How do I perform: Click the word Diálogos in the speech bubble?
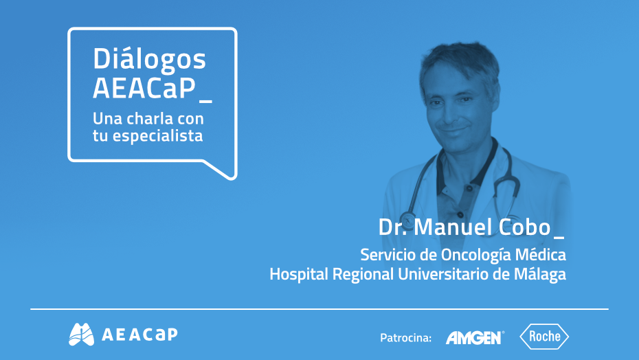point(149,60)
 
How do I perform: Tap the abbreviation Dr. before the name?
point(392,227)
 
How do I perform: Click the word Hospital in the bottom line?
point(295,274)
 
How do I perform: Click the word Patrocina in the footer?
point(405,337)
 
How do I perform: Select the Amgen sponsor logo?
point(474,337)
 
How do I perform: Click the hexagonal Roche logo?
point(544,337)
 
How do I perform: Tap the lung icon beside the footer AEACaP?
point(81,334)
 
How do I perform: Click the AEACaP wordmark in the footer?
point(139,335)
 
